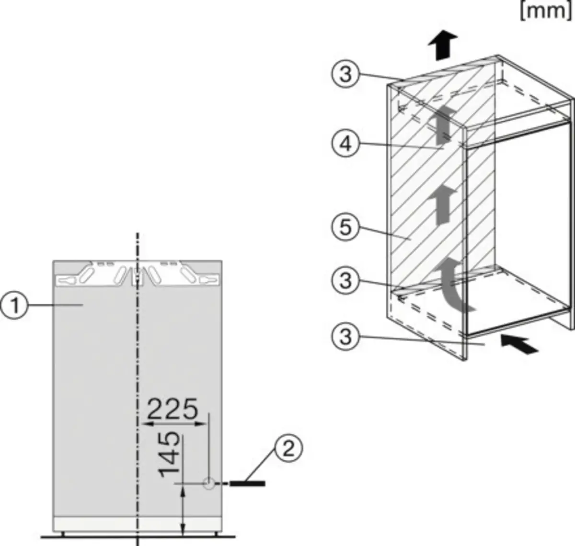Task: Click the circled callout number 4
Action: click(345, 143)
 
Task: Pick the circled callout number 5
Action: click(345, 227)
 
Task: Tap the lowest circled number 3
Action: click(345, 337)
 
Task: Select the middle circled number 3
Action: click(345, 281)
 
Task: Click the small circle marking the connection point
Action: click(209, 484)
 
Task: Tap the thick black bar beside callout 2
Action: click(248, 484)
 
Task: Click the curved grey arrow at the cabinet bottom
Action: click(452, 285)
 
